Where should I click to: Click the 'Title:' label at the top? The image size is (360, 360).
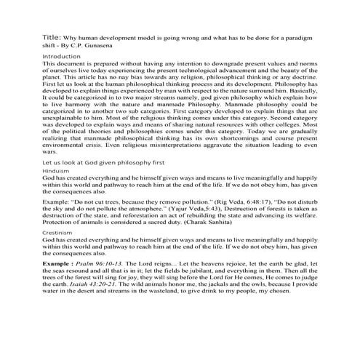[x=53, y=34]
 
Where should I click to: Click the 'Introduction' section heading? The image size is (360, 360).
[x=62, y=56]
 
